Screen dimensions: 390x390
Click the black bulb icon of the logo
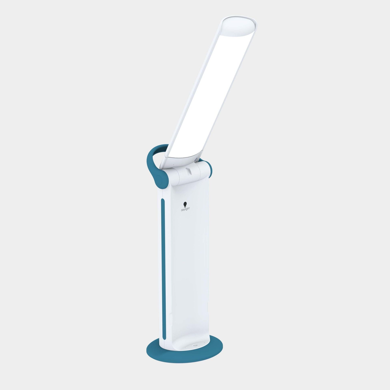click(185, 205)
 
